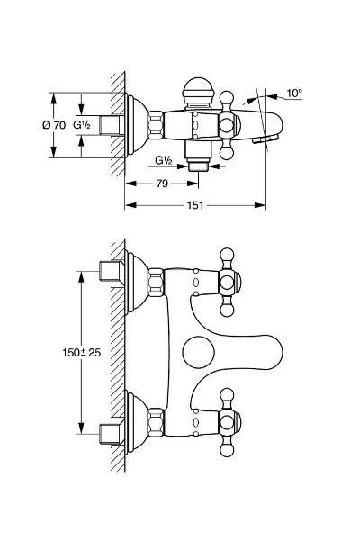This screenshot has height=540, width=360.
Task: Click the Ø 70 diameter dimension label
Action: (54, 125)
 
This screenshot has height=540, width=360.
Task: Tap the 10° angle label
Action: (294, 93)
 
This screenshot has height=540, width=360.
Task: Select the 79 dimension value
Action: (162, 184)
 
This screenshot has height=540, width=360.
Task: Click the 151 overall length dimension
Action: (195, 205)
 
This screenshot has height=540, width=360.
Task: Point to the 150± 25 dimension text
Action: (82, 352)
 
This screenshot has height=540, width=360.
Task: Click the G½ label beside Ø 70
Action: (82, 125)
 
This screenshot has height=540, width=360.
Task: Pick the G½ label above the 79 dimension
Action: (163, 160)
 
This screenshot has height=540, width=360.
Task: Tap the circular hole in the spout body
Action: (198, 352)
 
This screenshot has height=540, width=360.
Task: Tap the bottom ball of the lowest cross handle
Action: (227, 449)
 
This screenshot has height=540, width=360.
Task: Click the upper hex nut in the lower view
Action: (156, 282)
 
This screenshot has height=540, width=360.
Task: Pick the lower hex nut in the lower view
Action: (156, 423)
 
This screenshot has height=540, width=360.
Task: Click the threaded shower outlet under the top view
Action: (198, 166)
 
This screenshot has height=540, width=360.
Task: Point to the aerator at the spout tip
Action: (265, 139)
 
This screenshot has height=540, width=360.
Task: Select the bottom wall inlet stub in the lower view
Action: (112, 434)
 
